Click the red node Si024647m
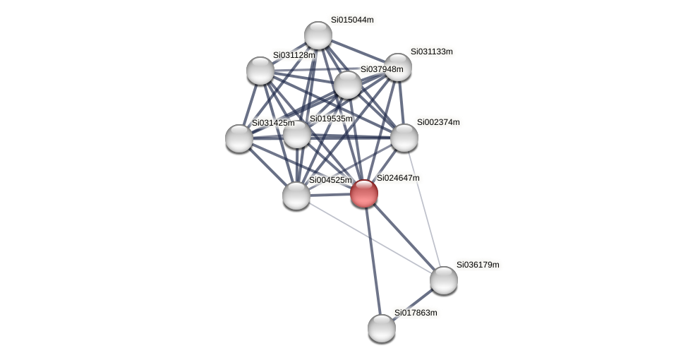pyautogui.click(x=364, y=193)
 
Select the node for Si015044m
pyautogui.click(x=318, y=35)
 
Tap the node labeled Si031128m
pyautogui.click(x=260, y=71)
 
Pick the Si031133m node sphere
pyautogui.click(x=398, y=67)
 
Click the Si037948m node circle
pyautogui.click(x=347, y=85)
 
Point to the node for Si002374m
pyautogui.click(x=404, y=138)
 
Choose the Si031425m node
pyautogui.click(x=239, y=138)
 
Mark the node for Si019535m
pyautogui.click(x=297, y=134)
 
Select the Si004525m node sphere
pyautogui.click(x=296, y=196)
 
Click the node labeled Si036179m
pyautogui.click(x=444, y=280)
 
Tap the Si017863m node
pyautogui.click(x=382, y=328)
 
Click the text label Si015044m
pyautogui.click(x=352, y=20)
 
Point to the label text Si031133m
pyautogui.click(x=431, y=52)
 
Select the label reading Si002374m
pyautogui.click(x=437, y=122)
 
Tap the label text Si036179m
pyautogui.click(x=477, y=265)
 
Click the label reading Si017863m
pyautogui.click(x=415, y=313)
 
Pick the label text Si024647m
pyautogui.click(x=397, y=178)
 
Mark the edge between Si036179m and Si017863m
pyautogui.click(x=413, y=304)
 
